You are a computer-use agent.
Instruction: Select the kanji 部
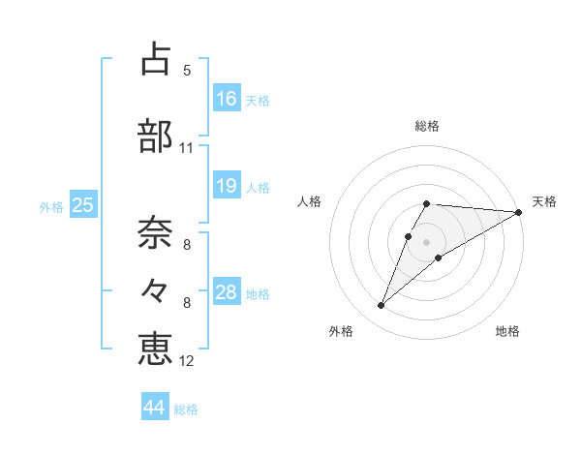point(155,136)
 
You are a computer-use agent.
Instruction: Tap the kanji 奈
point(155,231)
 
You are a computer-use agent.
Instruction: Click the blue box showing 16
point(227,98)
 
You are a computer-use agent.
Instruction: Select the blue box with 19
point(227,186)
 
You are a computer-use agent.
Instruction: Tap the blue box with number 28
point(227,292)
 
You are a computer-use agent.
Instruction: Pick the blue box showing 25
point(82,204)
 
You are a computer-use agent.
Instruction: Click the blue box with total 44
point(154,408)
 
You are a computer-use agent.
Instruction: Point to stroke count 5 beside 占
point(187,70)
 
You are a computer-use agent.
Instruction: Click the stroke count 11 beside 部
point(187,148)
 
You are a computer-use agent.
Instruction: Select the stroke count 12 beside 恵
point(187,361)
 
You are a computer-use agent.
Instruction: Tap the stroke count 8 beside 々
point(187,302)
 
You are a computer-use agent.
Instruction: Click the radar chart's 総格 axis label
point(427,126)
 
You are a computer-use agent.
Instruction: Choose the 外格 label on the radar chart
point(340,331)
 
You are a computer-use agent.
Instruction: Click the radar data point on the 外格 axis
point(381,306)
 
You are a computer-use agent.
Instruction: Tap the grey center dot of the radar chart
point(427,241)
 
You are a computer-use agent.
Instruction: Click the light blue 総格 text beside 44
point(186,409)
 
